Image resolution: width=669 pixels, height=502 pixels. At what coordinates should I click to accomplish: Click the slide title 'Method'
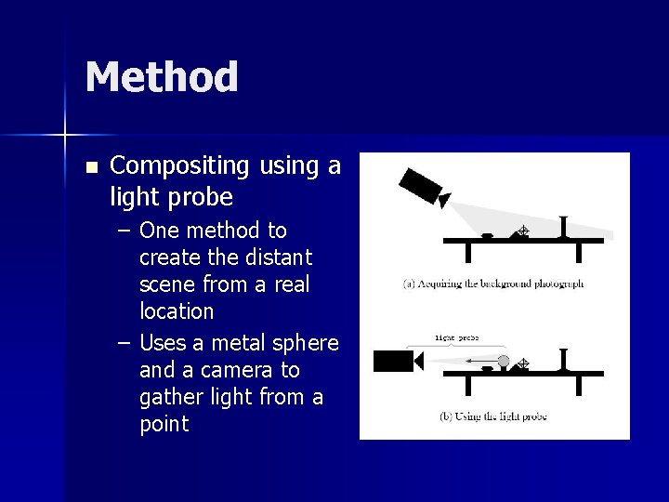pos(162,77)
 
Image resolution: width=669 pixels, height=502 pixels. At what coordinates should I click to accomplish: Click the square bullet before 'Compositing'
pos(90,168)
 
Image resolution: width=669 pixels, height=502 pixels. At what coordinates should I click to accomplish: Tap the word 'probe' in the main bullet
pos(203,198)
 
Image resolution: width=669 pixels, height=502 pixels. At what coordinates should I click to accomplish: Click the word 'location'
pos(177,310)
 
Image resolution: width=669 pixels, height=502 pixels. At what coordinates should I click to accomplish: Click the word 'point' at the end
pos(164,424)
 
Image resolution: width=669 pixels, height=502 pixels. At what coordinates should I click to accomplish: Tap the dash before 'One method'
pos(125,230)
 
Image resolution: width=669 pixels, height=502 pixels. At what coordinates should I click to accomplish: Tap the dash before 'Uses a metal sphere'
pos(125,343)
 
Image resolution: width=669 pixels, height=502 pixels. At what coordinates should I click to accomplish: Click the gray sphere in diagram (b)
pos(503,360)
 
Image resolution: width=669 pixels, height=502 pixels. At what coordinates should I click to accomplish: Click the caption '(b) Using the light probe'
pos(493,416)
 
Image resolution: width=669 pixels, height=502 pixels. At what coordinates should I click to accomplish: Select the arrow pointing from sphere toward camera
pos(480,361)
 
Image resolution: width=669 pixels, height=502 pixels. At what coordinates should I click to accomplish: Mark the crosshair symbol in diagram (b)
pos(522,363)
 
